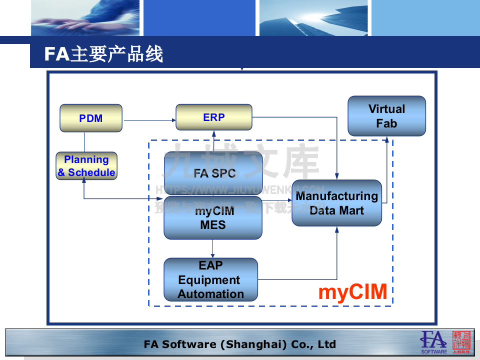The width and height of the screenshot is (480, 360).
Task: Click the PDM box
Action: coord(91,118)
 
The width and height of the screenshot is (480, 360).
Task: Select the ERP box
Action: coord(213,117)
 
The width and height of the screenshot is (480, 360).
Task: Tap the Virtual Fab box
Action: coord(386,116)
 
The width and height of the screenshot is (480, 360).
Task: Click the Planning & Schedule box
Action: coord(86,166)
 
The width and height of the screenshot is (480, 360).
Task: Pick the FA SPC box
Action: coord(213,173)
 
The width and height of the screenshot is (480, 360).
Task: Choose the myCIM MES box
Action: coord(213,218)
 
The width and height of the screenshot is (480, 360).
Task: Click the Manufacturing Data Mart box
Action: coord(336,203)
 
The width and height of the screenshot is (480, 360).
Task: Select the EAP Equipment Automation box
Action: coord(210,279)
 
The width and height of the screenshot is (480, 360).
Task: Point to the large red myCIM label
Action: coord(353,292)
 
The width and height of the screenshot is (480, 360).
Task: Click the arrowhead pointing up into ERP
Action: coord(213,133)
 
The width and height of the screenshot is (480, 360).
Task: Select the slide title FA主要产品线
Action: coord(104,54)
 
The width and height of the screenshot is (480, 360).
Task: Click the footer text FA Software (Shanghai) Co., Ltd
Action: coord(239,344)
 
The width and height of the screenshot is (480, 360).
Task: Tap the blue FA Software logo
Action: coord(433,342)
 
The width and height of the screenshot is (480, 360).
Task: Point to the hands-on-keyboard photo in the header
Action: coord(85,18)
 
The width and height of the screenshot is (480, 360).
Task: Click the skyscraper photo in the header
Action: coord(312,18)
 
